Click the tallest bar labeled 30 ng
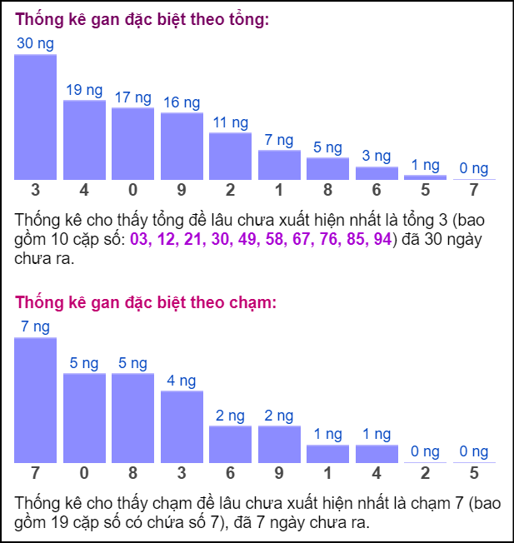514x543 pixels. click(35, 117)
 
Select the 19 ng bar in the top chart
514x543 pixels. click(84, 139)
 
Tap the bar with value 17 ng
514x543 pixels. click(132, 143)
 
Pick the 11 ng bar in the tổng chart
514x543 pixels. click(230, 156)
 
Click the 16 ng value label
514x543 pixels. click(182, 103)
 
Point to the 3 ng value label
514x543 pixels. click(377, 157)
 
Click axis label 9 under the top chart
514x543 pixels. click(182, 191)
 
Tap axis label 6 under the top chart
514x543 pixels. click(377, 191)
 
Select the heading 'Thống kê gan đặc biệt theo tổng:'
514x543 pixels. click(142, 19)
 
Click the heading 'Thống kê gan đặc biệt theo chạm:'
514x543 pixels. click(146, 302)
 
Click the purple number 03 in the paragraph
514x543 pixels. click(140, 240)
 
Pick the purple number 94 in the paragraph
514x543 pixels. click(382, 240)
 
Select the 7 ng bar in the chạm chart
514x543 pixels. click(35, 400)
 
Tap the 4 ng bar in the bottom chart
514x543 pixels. click(182, 426)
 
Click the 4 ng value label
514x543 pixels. click(182, 381)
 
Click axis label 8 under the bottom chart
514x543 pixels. click(132, 474)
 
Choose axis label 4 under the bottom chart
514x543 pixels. click(377, 474)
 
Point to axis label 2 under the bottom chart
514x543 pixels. click(426, 474)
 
